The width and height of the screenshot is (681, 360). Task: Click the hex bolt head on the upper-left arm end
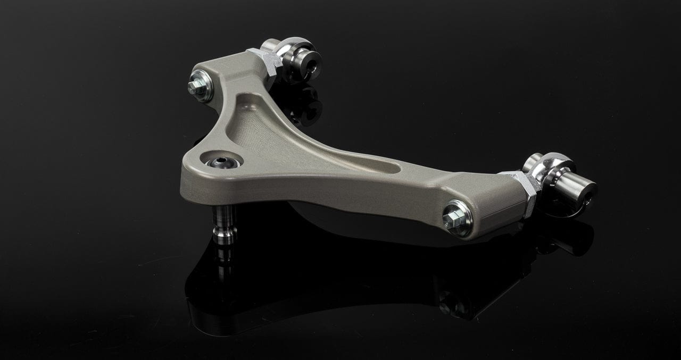click(195, 88)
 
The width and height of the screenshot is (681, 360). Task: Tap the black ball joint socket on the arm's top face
click(220, 162)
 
